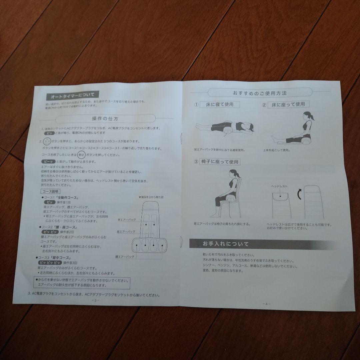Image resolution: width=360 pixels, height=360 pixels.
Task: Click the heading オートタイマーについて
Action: [x=72, y=96]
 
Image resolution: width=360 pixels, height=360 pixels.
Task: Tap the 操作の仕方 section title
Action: [x=105, y=119]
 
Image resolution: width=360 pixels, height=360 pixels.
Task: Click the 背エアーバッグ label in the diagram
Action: [x=127, y=220]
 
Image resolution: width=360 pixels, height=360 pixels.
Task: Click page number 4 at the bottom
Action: [x=266, y=304]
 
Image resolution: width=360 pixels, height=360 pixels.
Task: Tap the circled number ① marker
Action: [x=197, y=105]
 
